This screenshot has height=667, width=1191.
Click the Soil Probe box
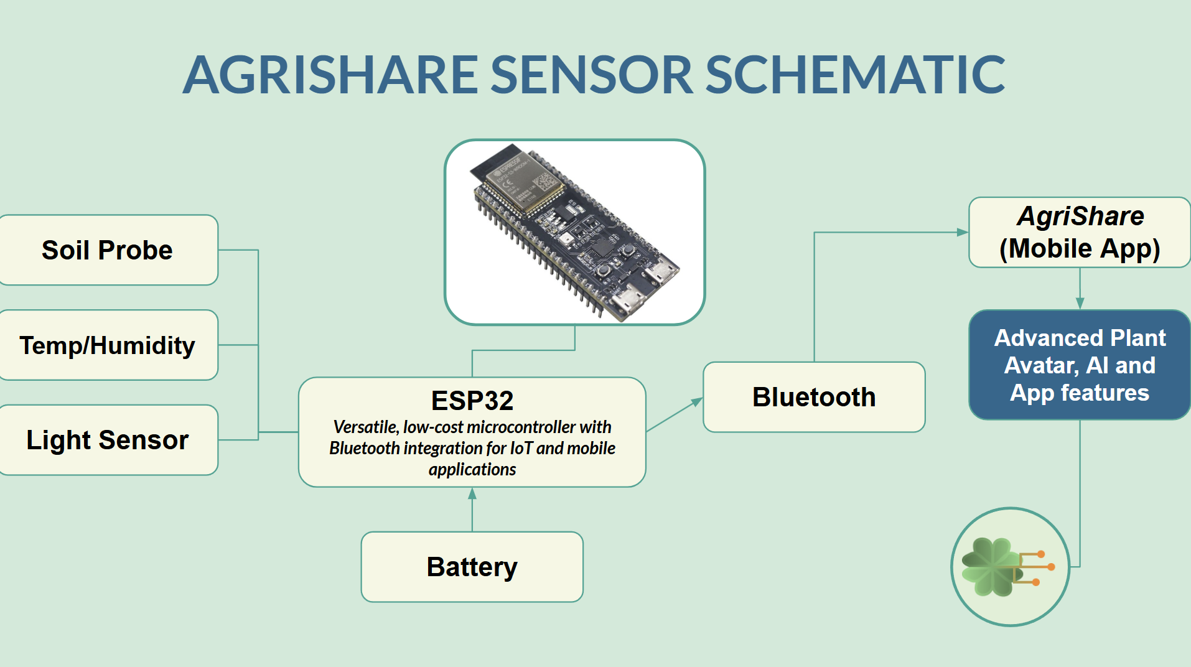[x=107, y=250]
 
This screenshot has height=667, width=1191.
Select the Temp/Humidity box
[x=107, y=345]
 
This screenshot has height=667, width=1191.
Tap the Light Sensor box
[x=107, y=440]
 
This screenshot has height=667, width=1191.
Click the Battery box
[x=472, y=567]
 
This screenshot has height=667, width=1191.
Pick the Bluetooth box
[x=813, y=397]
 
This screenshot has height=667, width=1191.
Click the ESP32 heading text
[x=472, y=401]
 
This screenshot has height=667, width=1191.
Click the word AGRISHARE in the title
[x=330, y=75]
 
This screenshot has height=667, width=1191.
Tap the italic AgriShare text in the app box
[x=1080, y=217]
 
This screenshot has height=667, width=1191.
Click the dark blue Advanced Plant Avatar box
[x=1080, y=365]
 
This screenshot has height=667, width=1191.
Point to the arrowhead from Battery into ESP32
[x=472, y=494]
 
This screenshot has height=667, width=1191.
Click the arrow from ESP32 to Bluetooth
[x=675, y=414]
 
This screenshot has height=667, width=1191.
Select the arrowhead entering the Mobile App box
[x=962, y=232]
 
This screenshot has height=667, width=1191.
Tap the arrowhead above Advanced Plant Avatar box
[x=1080, y=303]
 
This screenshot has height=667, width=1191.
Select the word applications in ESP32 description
[x=472, y=470]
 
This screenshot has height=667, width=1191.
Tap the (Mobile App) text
[x=1080, y=249]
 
